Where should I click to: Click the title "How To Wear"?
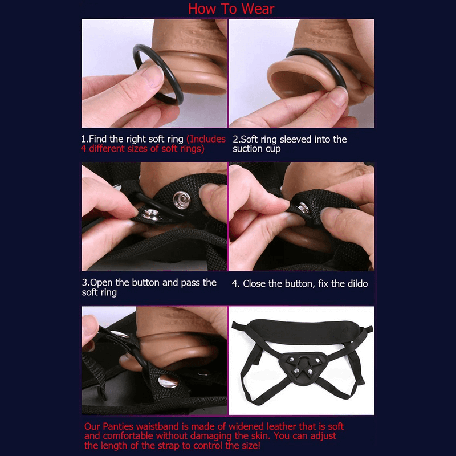click(231, 9)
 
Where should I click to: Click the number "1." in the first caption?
click(85, 139)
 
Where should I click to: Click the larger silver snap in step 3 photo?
click(182, 199)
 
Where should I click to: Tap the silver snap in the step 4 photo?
click(303, 209)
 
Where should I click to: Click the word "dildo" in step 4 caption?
click(357, 283)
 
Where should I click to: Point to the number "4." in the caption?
click(236, 283)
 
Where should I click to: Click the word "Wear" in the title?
click(258, 9)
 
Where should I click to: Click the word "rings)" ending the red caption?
click(192, 149)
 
